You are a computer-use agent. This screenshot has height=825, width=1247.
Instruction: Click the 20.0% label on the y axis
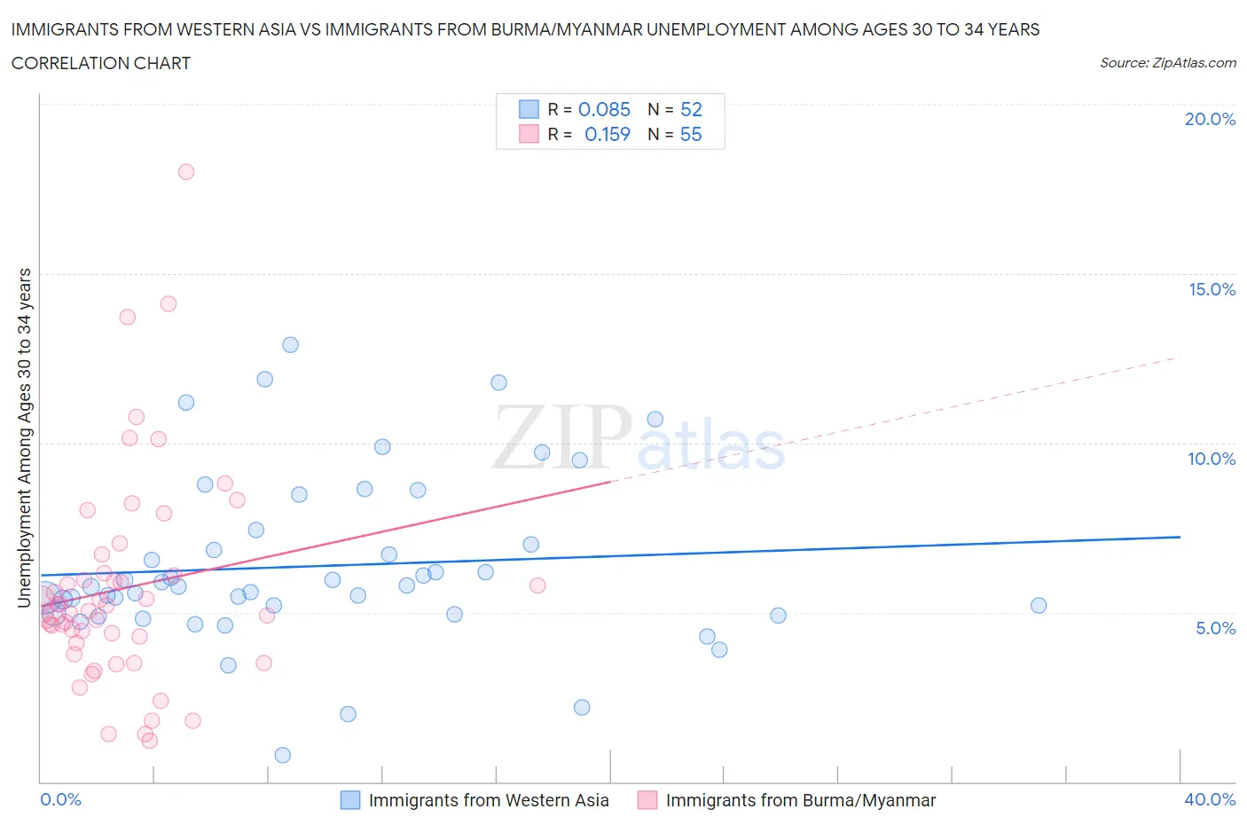(1210, 119)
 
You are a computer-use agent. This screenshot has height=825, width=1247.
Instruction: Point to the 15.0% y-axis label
(1212, 289)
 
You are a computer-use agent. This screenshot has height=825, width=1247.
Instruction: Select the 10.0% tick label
(1212, 459)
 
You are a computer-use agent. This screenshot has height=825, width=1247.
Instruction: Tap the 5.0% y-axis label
(1215, 628)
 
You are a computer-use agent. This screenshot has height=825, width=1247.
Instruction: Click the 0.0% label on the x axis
(60, 799)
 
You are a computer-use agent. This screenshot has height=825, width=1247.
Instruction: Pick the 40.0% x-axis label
(1210, 799)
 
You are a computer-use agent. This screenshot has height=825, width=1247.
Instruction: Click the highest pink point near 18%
(186, 172)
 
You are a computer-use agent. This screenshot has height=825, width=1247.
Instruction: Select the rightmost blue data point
(1039, 606)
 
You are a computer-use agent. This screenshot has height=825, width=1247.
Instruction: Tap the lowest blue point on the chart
(283, 755)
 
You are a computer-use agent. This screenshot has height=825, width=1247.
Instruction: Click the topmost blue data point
(290, 345)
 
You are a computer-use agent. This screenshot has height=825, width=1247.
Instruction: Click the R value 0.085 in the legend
(604, 109)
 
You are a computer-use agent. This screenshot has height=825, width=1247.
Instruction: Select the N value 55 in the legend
(691, 134)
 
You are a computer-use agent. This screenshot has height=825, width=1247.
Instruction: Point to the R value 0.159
(607, 134)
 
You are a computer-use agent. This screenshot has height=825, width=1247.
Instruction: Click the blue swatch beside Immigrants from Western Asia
(350, 800)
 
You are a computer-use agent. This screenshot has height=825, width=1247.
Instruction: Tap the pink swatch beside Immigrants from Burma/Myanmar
(647, 800)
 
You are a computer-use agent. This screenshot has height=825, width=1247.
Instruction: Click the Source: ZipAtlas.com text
(1167, 63)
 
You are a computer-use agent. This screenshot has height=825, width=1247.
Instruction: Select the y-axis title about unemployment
(24, 437)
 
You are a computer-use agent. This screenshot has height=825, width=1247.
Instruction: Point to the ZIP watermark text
(561, 437)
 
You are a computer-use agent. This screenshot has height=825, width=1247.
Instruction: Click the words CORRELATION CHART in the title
(101, 63)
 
